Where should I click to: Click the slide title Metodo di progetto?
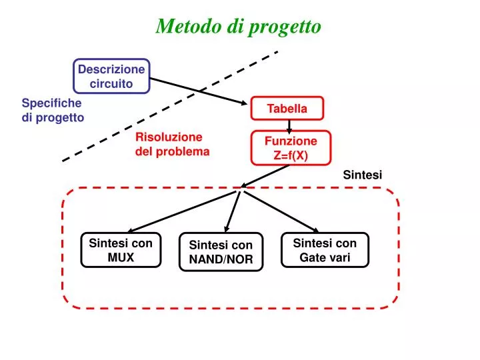(239, 26)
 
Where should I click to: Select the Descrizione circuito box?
(111, 76)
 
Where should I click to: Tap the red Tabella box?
(287, 109)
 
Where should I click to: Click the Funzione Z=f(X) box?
(291, 148)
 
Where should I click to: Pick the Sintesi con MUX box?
(121, 250)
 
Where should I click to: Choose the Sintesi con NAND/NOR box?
(221, 252)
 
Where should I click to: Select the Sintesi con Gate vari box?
(325, 250)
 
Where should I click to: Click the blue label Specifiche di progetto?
(53, 110)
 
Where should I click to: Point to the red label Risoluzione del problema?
(172, 144)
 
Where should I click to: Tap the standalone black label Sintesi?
(362, 175)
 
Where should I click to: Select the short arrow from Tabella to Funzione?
(289, 125)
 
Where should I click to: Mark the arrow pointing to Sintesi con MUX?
(180, 211)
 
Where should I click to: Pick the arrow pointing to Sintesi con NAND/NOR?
(231, 212)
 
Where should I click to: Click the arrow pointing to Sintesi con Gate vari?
(281, 213)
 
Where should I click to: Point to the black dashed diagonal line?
(170, 106)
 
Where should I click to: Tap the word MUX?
(121, 257)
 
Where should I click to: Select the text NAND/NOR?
(221, 259)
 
